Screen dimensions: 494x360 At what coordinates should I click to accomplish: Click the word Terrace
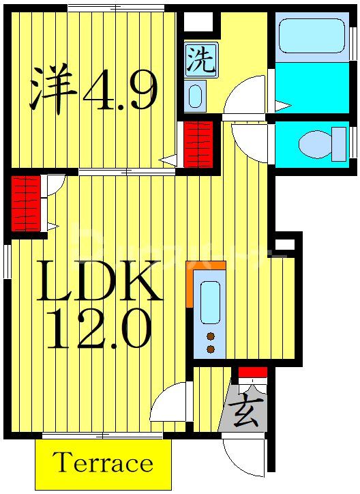tap(103, 463)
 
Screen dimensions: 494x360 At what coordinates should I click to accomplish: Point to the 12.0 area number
tap(100, 332)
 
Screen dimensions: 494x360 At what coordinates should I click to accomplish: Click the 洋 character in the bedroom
tap(52, 89)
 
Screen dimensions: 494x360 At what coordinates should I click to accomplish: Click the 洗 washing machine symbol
tap(200, 60)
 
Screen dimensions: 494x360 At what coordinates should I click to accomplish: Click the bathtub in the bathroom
tap(311, 35)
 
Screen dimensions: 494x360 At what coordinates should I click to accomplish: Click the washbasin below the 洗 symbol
tap(195, 95)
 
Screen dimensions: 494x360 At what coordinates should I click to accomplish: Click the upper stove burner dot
tap(211, 336)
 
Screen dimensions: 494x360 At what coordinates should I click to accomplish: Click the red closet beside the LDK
tap(26, 203)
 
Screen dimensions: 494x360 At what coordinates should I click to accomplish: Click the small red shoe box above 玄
tap(252, 373)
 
